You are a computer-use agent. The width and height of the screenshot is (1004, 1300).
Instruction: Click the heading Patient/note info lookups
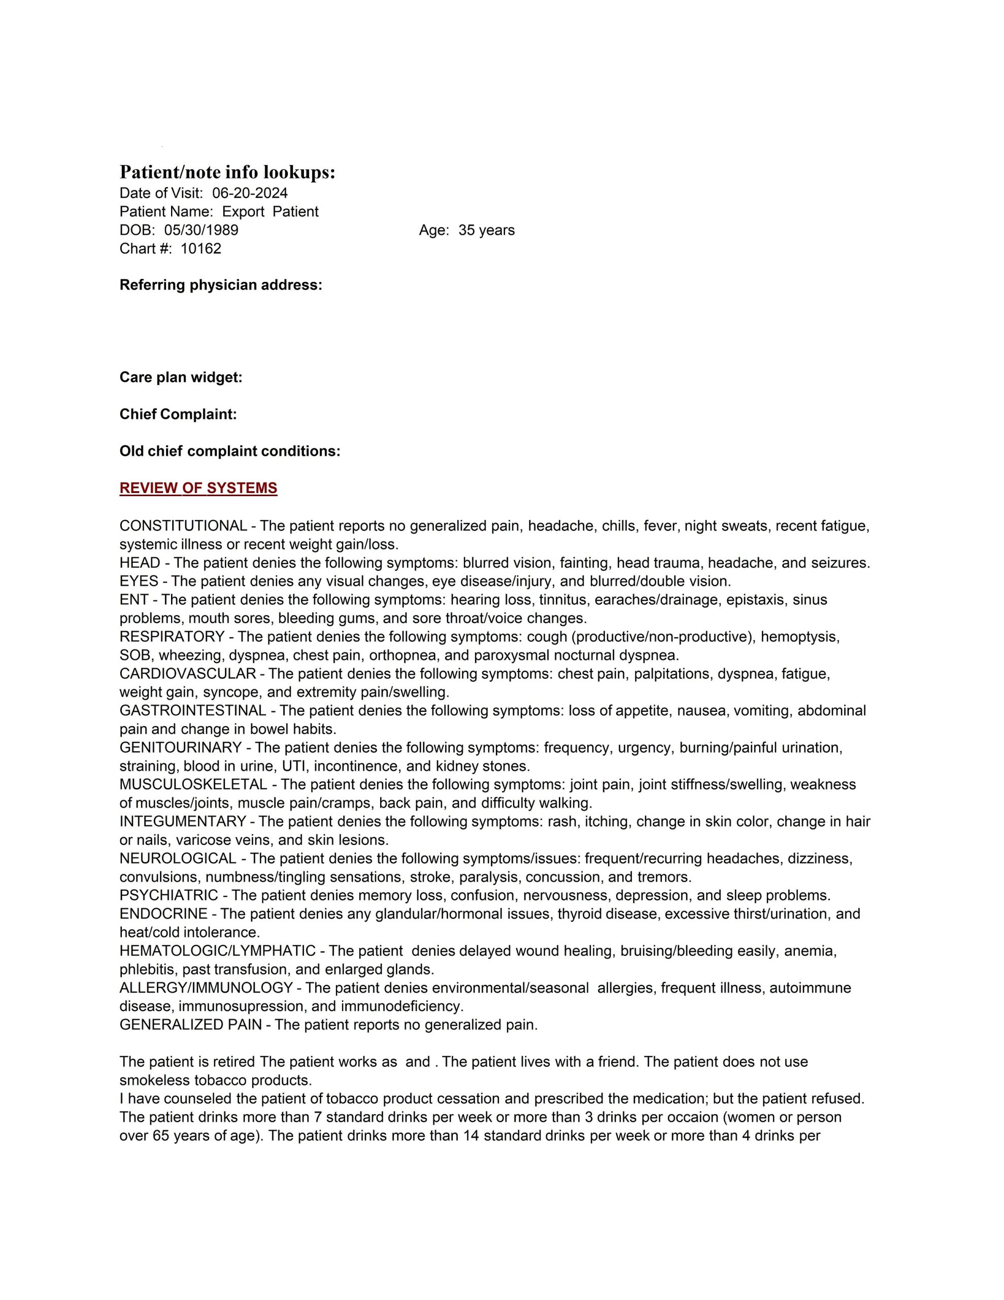pos(227,173)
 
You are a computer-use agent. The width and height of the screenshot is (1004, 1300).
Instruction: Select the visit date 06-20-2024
pos(249,193)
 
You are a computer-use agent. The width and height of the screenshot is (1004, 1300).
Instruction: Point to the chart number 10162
pos(200,248)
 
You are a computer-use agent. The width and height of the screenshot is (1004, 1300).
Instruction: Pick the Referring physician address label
pos(221,285)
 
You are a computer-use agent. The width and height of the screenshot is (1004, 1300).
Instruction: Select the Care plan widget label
pos(181,377)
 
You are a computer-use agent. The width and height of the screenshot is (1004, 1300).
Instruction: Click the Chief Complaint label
pos(178,414)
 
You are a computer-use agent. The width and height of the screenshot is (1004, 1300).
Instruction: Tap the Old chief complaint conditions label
pos(230,451)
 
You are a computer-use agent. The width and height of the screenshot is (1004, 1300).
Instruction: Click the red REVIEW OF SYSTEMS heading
pos(198,488)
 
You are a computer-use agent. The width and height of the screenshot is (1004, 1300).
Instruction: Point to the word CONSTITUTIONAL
pos(183,526)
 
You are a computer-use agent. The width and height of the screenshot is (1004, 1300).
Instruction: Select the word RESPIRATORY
pos(172,636)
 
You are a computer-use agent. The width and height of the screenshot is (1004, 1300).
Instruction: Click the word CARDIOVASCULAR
pos(187,673)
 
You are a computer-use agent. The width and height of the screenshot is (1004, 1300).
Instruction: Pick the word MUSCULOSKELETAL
pos(193,784)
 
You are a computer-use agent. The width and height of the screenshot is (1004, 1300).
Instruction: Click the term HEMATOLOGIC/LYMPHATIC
pos(217,951)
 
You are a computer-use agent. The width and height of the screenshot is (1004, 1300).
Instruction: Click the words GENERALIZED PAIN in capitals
pos(190,1024)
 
